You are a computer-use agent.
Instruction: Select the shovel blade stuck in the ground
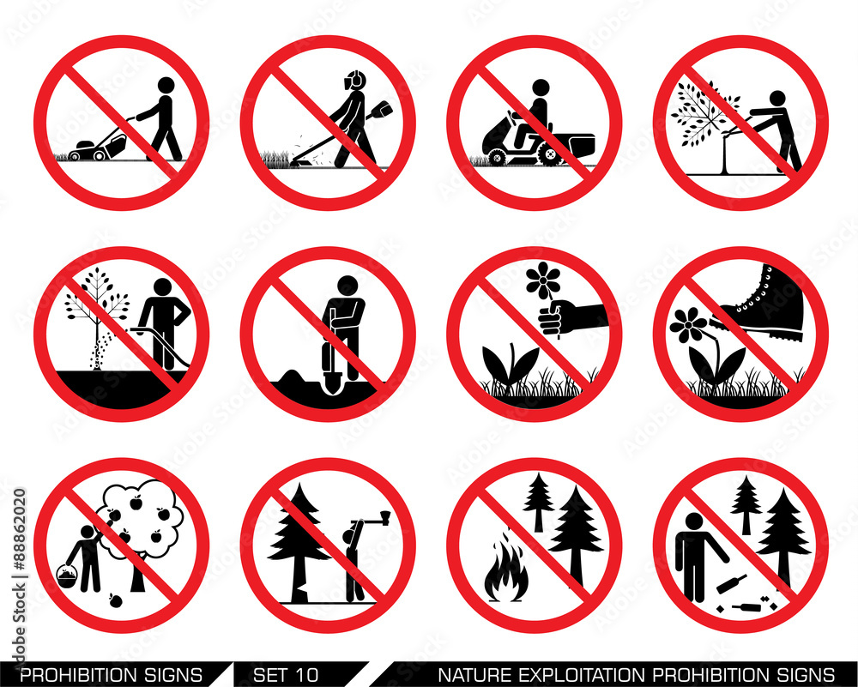coord(332,383)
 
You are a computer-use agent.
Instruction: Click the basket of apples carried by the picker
coord(67,576)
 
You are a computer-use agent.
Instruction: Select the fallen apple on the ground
coord(116,600)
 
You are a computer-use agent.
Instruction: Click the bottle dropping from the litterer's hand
coord(731,583)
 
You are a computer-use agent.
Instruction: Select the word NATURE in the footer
coord(475,674)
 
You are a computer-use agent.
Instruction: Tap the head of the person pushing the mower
coord(166,85)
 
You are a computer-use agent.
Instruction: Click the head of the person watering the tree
coord(163,287)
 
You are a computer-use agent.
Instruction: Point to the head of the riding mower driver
coord(541,87)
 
